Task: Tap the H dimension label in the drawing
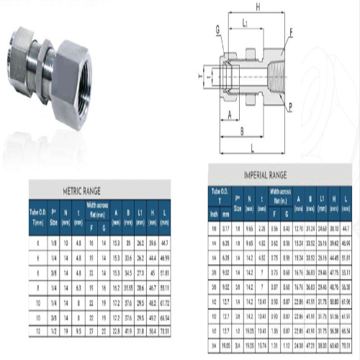pyautogui.click(x=257, y=6)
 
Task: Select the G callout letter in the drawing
pyautogui.click(x=217, y=28)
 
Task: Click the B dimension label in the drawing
pyautogui.click(x=241, y=130)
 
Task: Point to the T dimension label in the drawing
pyautogui.click(x=199, y=73)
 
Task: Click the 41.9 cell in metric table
pyautogui.click(x=127, y=330)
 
